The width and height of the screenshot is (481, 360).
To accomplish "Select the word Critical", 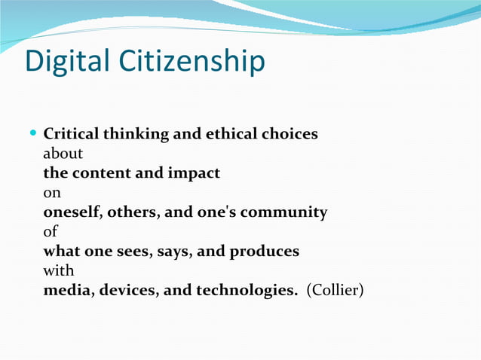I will coord(72,134).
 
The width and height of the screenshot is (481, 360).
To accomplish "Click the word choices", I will coord(290,134).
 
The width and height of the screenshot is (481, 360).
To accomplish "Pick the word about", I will coord(63,154).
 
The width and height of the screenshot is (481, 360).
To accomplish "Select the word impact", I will coord(194,174).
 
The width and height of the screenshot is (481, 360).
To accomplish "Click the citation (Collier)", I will coord(335,291).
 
